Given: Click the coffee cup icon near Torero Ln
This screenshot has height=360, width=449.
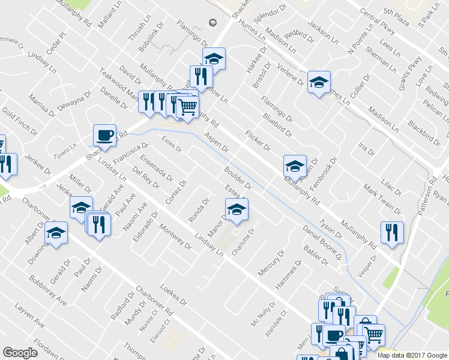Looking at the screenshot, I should point(105,135).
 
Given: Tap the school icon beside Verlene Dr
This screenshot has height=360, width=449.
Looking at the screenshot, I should point(319,82).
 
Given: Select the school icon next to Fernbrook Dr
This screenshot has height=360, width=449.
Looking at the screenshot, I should point(294,165).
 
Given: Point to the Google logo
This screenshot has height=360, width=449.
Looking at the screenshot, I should point(20,353).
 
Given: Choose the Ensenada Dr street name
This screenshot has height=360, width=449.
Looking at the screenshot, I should point(156,169).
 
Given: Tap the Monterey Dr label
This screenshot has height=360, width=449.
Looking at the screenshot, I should point(175,238).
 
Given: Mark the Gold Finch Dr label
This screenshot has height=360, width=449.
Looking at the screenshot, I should point(20,121).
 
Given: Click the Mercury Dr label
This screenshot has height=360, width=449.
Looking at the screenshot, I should point(273,262).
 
